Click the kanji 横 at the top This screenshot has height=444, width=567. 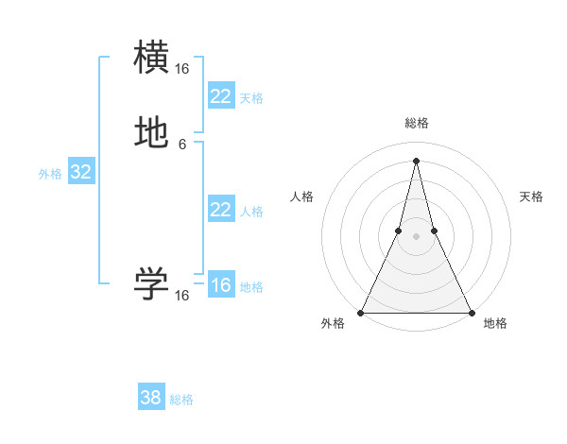coord(152,58)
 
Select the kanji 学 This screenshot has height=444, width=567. coord(152,284)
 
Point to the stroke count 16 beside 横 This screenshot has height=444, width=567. coord(182,69)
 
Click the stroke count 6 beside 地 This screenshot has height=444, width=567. coord(182,145)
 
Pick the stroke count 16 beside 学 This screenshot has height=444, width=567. coord(182,296)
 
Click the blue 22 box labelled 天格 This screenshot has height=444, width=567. coord(221,96)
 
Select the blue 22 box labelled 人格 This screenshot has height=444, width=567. coord(221,210)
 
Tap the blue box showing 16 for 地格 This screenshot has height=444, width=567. coord(221,285)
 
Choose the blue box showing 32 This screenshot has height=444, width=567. coord(80,172)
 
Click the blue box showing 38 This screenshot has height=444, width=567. coord(151,398)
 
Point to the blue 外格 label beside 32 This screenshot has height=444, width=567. coord(50,174)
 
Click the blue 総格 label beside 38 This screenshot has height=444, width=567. coord(181,400)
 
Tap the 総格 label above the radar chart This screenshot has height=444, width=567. coord(416,123)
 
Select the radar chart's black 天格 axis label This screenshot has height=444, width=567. coord(531,196)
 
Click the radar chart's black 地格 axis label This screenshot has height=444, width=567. coord(495,323)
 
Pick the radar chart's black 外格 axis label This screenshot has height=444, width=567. coord(333,323)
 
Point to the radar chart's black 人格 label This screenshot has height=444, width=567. coord(302,196)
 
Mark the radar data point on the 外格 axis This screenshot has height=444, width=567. coord(361,312)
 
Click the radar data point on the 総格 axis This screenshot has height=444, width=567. coord(416,160)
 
